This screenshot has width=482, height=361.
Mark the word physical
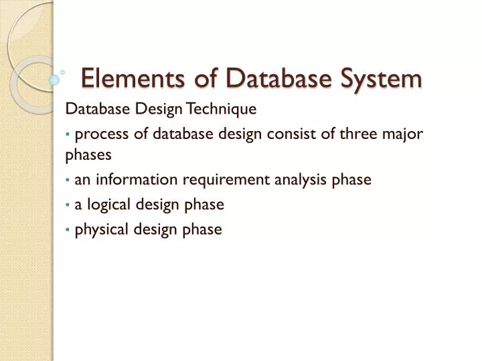tap(100, 229)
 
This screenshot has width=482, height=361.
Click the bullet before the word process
tap(69, 134)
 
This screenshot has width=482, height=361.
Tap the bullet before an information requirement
tap(69, 180)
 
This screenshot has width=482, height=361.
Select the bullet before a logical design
tap(69, 205)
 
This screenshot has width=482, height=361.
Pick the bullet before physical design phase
tap(69, 230)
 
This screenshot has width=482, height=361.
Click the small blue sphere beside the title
tap(55, 80)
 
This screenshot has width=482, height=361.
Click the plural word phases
tap(88, 154)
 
